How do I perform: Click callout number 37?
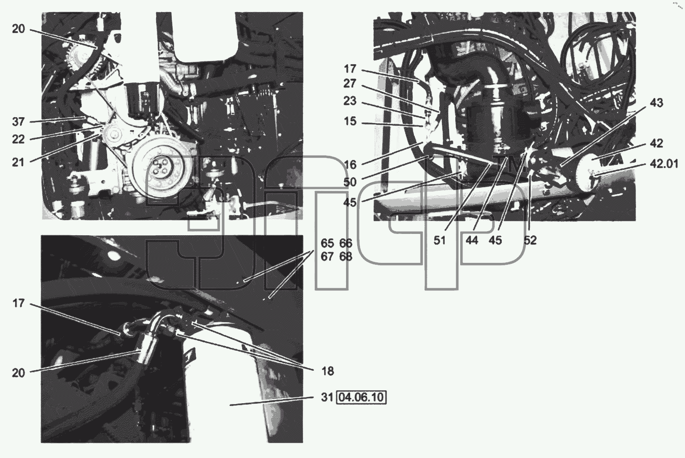[x=18, y=122]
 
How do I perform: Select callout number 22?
[x=18, y=139]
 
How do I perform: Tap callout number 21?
[x=18, y=162]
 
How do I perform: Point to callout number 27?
[x=350, y=83]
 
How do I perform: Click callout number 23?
[x=350, y=101]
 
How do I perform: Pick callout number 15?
[x=350, y=121]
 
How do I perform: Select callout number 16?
[x=350, y=165]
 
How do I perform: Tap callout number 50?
[x=350, y=182]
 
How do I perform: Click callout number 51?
[x=440, y=241]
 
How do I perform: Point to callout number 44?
[x=471, y=241]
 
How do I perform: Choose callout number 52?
[x=530, y=241]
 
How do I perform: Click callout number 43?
[x=656, y=102]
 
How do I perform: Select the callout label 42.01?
[x=664, y=164]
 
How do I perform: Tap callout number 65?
[x=327, y=243]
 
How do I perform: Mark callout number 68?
[x=346, y=257]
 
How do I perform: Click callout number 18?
[x=327, y=371]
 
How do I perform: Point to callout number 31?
[x=327, y=397]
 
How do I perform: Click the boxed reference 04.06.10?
[x=361, y=397]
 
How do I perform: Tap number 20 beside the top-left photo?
[x=18, y=29]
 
